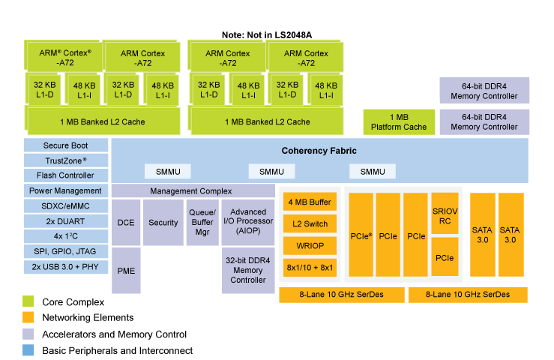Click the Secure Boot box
point(65,145)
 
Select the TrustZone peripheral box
point(65,160)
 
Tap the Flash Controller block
point(65,175)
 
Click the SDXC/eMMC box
point(65,206)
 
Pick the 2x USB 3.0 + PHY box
point(65,267)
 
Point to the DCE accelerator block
point(126,222)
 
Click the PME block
point(126,269)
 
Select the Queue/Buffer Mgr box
point(202,222)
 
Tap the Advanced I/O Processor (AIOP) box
point(248,222)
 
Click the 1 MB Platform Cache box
point(399,122)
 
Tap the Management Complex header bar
point(191,191)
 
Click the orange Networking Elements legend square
point(28,317)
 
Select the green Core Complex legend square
point(28,301)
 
